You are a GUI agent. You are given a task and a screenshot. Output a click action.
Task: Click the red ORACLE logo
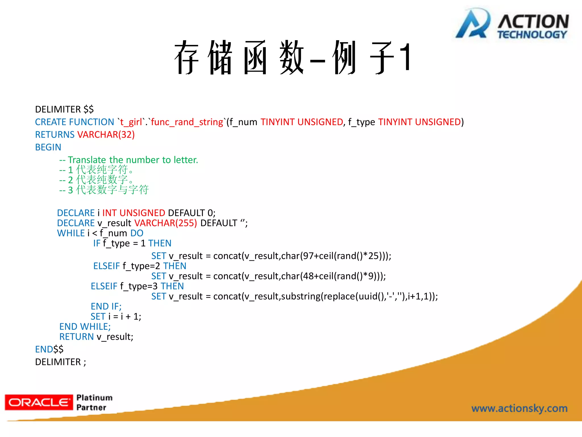point(39,402)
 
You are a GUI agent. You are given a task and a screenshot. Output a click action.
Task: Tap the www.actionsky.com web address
point(519,408)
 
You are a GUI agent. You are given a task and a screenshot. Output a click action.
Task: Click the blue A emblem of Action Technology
point(473,24)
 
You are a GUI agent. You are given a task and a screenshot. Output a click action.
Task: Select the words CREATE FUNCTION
point(74,122)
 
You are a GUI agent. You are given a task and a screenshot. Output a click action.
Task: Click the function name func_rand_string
point(187,122)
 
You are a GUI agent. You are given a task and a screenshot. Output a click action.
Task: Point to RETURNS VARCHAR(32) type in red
point(106,135)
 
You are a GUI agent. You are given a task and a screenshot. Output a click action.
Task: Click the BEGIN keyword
point(48,147)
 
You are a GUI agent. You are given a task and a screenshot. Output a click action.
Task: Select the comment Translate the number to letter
point(133,160)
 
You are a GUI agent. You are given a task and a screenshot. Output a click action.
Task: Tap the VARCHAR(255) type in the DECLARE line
point(165,223)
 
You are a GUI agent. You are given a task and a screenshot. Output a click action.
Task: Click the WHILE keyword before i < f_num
point(71,233)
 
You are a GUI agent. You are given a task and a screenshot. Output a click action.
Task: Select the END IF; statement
point(106,306)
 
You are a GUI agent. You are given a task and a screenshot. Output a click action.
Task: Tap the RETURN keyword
point(76,337)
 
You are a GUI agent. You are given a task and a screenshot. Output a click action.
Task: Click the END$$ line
point(49,349)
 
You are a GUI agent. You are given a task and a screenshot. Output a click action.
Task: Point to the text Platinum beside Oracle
point(94,398)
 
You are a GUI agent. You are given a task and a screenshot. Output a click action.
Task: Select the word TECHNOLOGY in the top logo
point(532,35)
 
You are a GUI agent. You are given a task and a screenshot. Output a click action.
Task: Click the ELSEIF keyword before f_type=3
point(104,286)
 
